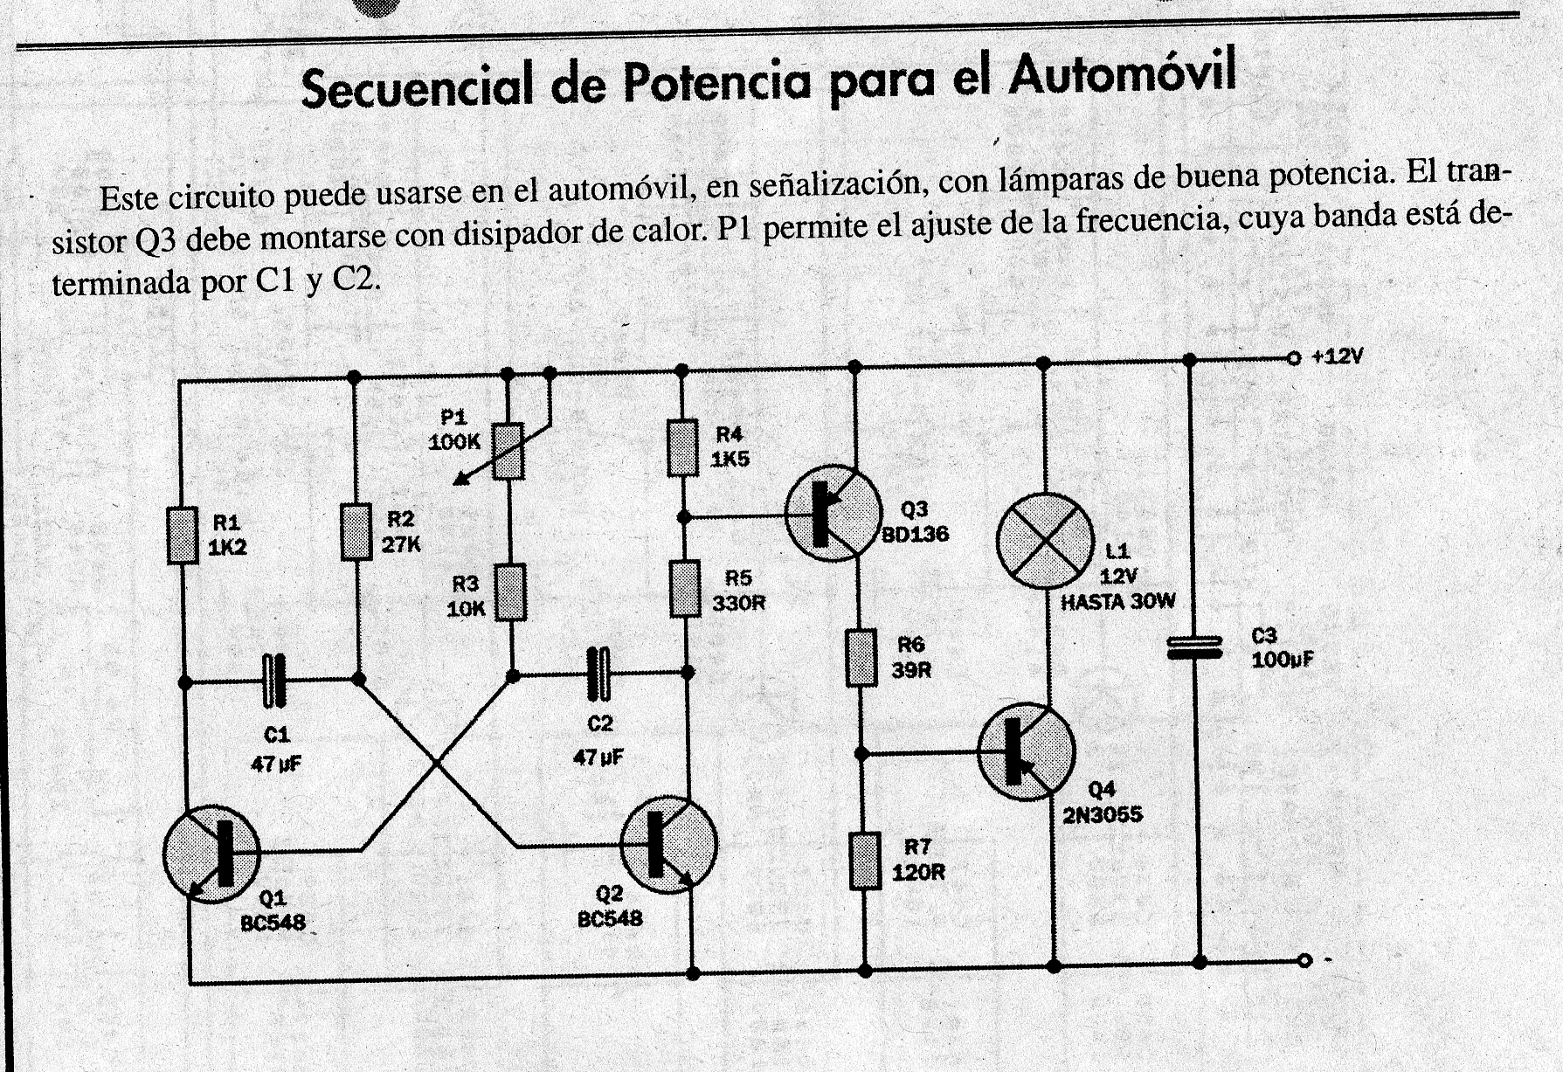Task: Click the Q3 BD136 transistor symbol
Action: [x=833, y=513]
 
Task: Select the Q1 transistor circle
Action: [x=211, y=854]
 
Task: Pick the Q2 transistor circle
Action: [x=668, y=844]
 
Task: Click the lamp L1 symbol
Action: [x=1045, y=541]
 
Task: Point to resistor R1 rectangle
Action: [x=183, y=535]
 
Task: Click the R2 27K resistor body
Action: [x=356, y=531]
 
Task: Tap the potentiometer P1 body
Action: [x=508, y=451]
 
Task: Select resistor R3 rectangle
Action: [x=511, y=592]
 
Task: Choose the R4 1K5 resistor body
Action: [x=683, y=448]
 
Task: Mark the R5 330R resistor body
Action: [x=686, y=589]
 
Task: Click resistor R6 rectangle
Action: [x=861, y=657]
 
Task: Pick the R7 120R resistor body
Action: [x=865, y=861]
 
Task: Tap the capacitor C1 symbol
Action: [x=274, y=681]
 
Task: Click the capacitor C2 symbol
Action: [x=598, y=674]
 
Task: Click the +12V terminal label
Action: [x=1337, y=356]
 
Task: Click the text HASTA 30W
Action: [x=1118, y=601]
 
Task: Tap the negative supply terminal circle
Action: [x=1304, y=960]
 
